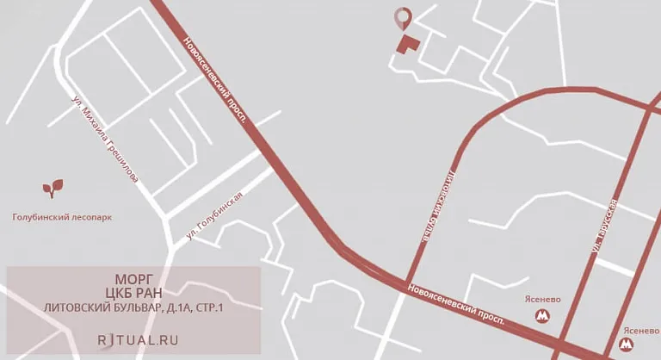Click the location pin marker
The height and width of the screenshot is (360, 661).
(402, 17)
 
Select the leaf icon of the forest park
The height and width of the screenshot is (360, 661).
(53, 187)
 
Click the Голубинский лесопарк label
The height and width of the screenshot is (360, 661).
(62, 218)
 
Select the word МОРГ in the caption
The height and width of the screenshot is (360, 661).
(133, 279)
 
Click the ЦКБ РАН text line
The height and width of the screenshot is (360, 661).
(133, 293)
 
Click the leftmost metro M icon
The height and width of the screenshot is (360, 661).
(543, 315)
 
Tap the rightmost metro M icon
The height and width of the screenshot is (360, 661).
(626, 345)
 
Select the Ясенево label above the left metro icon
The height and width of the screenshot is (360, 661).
(542, 300)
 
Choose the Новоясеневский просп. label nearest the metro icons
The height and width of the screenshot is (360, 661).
(457, 302)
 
